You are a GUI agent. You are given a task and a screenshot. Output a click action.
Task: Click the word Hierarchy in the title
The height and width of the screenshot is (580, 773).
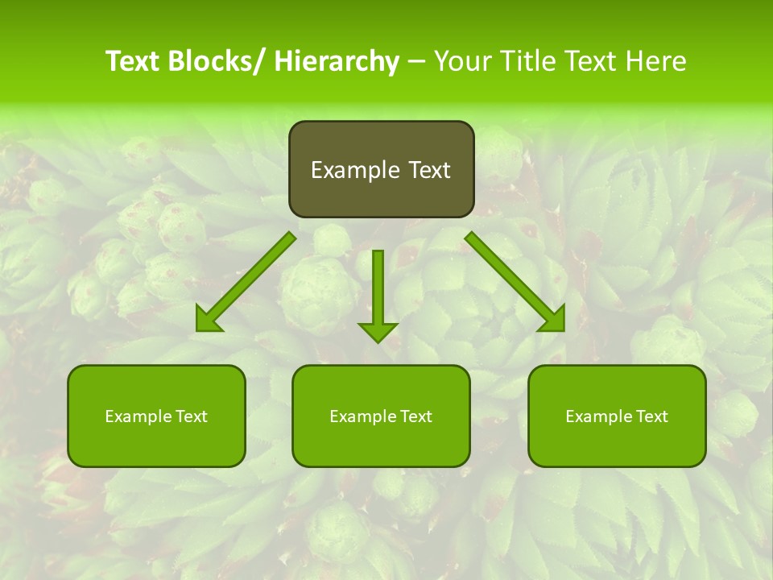pyautogui.click(x=337, y=61)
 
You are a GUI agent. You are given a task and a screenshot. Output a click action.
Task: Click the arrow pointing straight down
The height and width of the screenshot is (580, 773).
pyautogui.click(x=378, y=294)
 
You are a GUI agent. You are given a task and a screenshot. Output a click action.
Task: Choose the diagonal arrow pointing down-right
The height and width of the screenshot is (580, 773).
pyautogui.click(x=515, y=281)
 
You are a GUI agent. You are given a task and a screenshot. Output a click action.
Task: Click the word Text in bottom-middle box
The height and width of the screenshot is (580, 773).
pyautogui.click(x=415, y=416)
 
